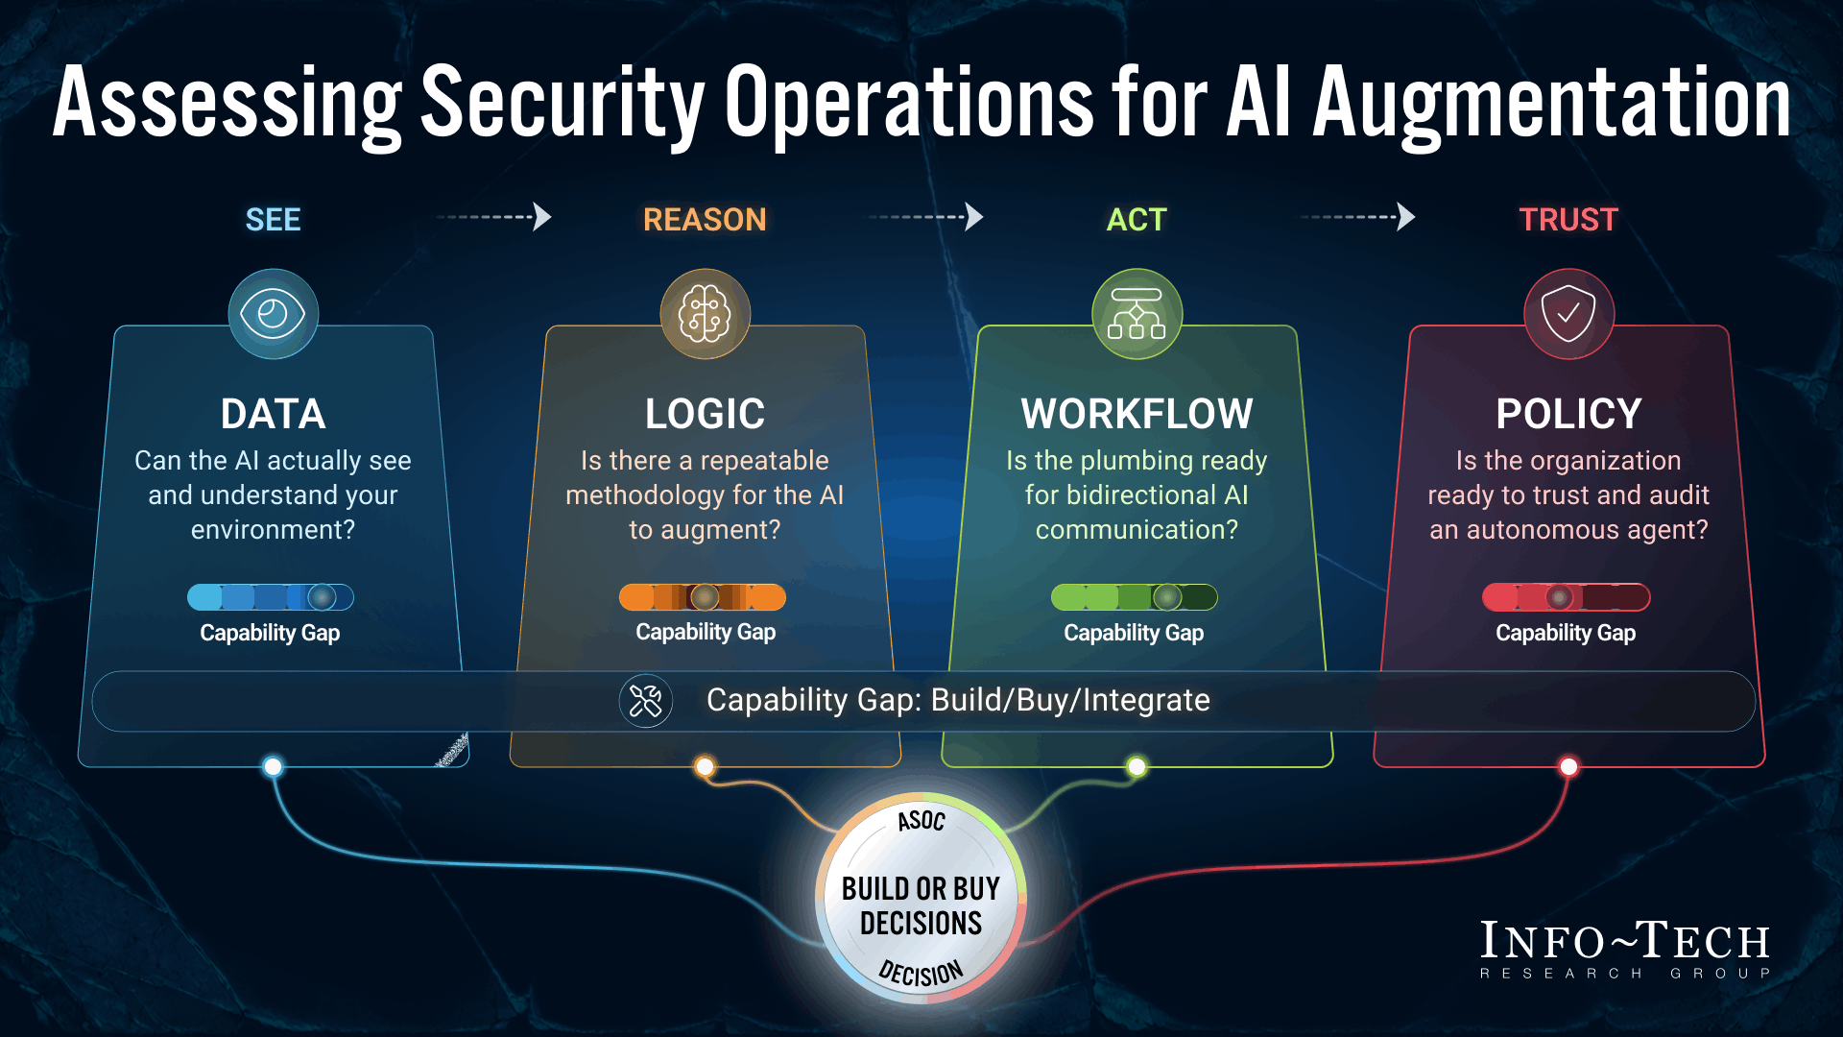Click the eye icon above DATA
(x=273, y=314)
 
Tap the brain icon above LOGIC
(x=705, y=314)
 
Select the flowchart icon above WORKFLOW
(x=1137, y=314)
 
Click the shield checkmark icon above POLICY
(x=1568, y=314)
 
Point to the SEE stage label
(x=273, y=220)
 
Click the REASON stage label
(x=705, y=220)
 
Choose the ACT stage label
(x=1137, y=220)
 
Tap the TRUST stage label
(x=1568, y=220)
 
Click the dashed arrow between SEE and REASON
(x=494, y=217)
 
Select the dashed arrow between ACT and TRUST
(x=1358, y=217)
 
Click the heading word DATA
(x=273, y=414)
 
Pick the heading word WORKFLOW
(x=1137, y=414)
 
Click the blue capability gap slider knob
(x=322, y=597)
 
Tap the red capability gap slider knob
(x=1560, y=597)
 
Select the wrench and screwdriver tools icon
(x=645, y=701)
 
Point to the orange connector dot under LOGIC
(x=705, y=766)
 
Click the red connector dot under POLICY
(x=1568, y=766)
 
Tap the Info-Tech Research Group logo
(x=1625, y=949)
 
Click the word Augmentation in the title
(x=1551, y=104)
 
